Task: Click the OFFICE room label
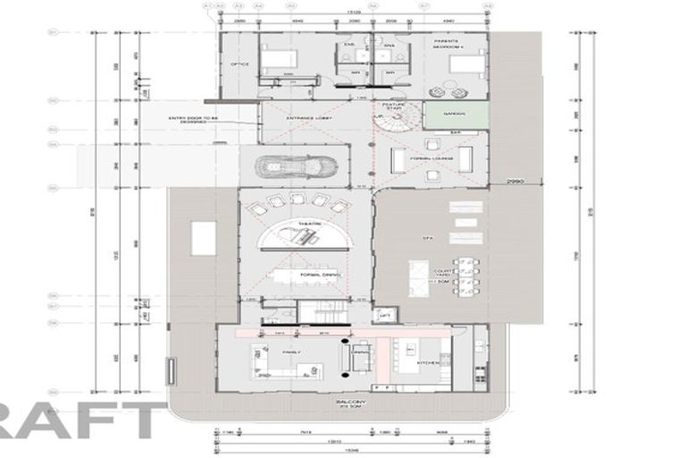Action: point(238,64)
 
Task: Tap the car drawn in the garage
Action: point(296,166)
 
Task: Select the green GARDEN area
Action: point(455,114)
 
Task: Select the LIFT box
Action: point(385,315)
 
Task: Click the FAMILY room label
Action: point(291,352)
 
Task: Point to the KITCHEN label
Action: point(428,362)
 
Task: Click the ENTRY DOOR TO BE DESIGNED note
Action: point(187,120)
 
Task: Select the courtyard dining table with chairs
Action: point(465,276)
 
